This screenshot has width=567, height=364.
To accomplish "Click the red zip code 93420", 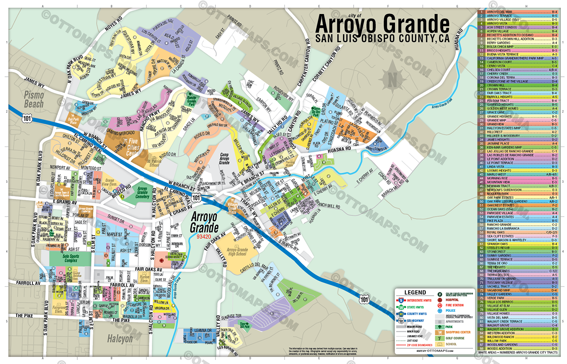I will point(204,237).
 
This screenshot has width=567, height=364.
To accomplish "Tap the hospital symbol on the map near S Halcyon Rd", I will point(162,260).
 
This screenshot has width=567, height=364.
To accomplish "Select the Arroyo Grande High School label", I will point(237,252).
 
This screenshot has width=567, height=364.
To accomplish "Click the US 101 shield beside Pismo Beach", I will point(27,118).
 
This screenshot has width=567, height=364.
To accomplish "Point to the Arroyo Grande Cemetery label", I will point(142,193).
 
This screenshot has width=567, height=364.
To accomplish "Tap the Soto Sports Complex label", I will point(71,258).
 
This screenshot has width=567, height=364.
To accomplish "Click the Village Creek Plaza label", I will point(232,208).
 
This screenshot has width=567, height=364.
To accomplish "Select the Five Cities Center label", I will point(133,147).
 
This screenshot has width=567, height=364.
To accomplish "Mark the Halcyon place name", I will point(120,339).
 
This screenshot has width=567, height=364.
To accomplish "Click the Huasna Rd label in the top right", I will point(458,40).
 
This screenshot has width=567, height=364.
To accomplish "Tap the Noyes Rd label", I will point(113,24).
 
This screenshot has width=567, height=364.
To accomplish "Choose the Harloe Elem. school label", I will point(144,279).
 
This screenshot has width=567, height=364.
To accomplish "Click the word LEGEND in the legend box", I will point(415,292).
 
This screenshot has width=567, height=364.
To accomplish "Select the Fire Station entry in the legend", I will point(454,305).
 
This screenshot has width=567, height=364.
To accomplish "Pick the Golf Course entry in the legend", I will point(455,338).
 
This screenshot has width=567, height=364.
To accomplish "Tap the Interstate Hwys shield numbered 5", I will point(401,301).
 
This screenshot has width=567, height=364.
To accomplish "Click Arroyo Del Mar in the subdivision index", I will point(499,12).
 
